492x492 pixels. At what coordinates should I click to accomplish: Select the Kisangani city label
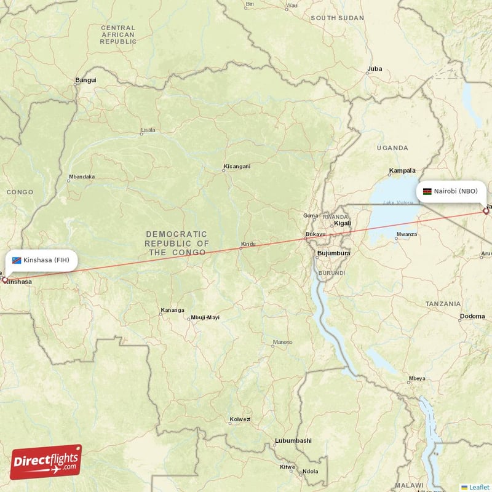[x=237, y=167]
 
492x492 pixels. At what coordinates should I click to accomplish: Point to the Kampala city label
[x=403, y=170]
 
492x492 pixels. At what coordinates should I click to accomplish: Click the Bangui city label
[x=85, y=80]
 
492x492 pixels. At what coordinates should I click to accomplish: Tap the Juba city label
[x=374, y=68]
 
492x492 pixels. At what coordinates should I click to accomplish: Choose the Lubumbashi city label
[x=293, y=440]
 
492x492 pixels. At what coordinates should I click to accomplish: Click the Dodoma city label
[x=472, y=317]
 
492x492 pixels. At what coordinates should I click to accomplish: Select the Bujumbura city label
[x=333, y=253]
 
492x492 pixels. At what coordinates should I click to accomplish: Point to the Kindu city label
[x=248, y=244]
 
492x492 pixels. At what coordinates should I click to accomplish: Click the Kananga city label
[x=172, y=310]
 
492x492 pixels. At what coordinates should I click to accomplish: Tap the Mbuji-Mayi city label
[x=205, y=317]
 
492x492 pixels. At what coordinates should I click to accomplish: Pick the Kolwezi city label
[x=240, y=419]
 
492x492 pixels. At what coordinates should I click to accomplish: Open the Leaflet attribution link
[x=479, y=487]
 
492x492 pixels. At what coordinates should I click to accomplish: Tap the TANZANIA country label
[x=442, y=304]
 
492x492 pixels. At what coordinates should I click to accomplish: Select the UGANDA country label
[x=392, y=148]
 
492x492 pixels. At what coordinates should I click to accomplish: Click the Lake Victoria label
[x=397, y=203]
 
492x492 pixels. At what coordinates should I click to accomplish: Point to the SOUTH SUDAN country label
[x=337, y=18]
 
